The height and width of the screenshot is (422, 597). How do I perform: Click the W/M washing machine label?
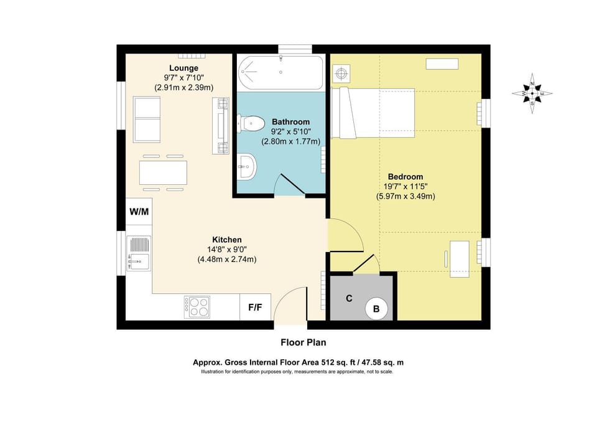(139, 212)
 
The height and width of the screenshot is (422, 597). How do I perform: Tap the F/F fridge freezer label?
(255, 307)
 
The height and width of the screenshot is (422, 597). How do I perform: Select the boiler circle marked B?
(376, 307)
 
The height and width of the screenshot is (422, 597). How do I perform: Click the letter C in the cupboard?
(349, 298)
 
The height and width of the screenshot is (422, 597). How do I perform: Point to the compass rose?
(532, 94)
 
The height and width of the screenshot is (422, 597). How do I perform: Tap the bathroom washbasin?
(246, 166)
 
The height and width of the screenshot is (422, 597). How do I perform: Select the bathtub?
(280, 72)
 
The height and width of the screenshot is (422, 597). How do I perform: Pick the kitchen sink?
(139, 254)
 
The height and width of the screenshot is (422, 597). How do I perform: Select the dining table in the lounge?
(163, 172)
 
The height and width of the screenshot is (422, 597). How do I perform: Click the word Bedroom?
(405, 176)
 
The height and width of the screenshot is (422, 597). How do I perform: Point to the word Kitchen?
(226, 240)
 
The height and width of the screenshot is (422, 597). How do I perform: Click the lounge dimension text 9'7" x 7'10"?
(183, 78)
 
